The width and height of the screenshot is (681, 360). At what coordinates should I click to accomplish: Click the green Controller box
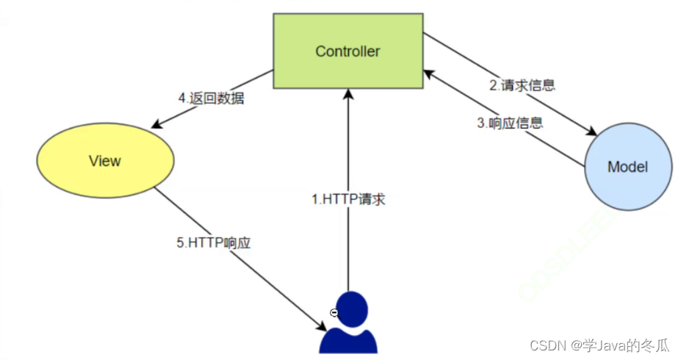coord(347,51)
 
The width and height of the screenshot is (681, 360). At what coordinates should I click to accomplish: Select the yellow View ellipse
coord(105,160)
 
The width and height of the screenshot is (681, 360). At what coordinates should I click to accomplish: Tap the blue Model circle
coord(628,167)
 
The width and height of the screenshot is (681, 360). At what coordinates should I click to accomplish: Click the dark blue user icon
coord(348,323)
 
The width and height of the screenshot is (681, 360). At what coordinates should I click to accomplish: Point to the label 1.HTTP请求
coord(348,198)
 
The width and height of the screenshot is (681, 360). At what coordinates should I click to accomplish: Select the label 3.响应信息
coord(510,123)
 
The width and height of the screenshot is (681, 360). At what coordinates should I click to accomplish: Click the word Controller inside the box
coord(347,51)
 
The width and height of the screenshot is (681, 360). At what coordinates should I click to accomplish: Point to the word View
coord(104,161)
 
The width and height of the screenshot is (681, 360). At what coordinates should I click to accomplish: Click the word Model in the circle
coord(628,167)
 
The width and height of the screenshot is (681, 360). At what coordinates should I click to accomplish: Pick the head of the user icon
coord(349,308)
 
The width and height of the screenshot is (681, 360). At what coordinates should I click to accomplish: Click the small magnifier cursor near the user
coord(334,313)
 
